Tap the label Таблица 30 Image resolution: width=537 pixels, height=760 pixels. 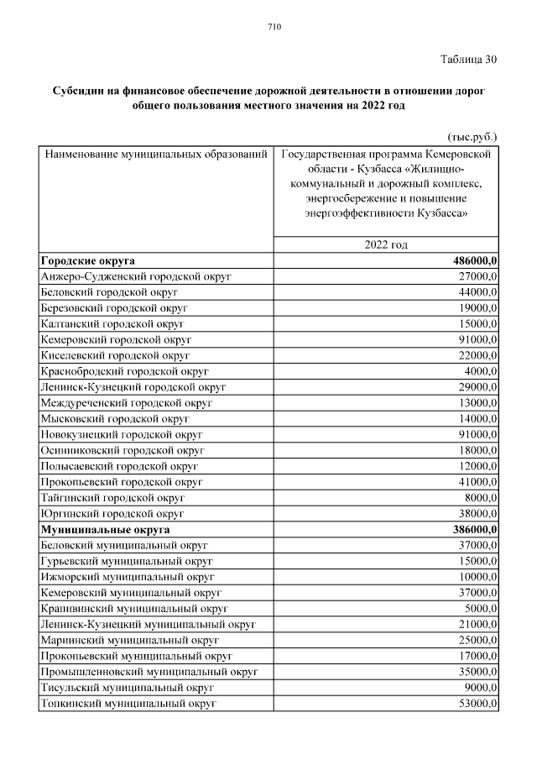[468, 59]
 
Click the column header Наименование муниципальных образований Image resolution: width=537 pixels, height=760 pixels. [156, 155]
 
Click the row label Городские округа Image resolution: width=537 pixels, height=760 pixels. [87, 260]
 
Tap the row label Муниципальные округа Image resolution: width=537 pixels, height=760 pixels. [105, 530]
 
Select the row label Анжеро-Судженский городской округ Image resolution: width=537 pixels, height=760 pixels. [135, 276]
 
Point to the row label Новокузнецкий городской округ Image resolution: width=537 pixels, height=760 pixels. [122, 434]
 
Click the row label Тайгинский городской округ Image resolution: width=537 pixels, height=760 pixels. [112, 498]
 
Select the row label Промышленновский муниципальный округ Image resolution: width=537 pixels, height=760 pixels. [149, 672]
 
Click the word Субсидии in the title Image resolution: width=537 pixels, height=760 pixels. [79, 90]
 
